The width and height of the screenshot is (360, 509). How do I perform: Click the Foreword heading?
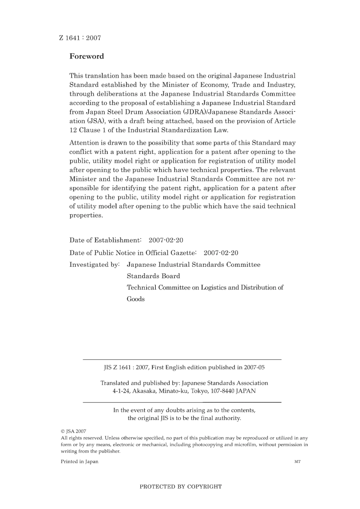86,56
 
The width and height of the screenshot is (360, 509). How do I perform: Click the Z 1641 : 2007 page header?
80,38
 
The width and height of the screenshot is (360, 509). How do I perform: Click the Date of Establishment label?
105,240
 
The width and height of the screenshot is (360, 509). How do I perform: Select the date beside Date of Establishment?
166,240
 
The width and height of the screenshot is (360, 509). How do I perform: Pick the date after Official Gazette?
221,253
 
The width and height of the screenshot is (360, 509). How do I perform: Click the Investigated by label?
94,265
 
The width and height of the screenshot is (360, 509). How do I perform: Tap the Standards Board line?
153,276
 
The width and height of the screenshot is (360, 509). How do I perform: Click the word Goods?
136,299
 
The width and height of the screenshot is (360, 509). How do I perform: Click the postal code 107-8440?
221,391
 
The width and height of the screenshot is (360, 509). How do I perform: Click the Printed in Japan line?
80,462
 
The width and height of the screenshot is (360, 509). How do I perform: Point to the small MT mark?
297,462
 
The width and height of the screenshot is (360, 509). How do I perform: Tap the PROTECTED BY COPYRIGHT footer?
180,487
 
